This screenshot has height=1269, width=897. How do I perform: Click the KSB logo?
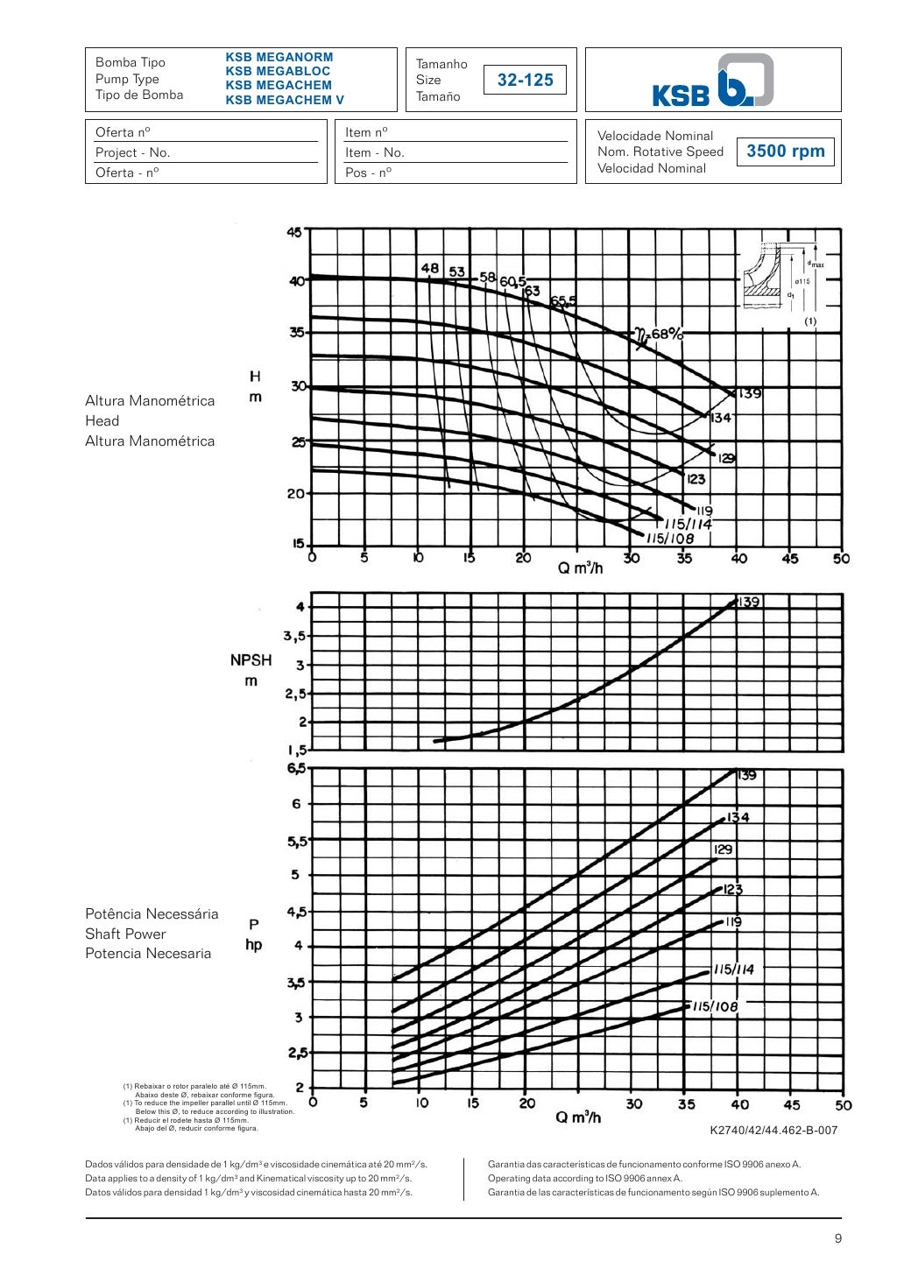click(x=713, y=81)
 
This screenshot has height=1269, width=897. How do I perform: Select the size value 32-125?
click(x=526, y=80)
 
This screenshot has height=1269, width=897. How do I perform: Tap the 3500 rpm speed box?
click(x=785, y=151)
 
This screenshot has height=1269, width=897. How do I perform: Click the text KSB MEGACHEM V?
click(x=285, y=100)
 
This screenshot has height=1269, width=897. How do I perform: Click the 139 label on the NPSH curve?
click(x=748, y=602)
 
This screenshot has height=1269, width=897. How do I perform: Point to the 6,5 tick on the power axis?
click(x=296, y=768)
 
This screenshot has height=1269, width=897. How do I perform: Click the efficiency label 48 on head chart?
click(x=429, y=269)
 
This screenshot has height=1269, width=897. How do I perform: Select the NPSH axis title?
click(x=251, y=670)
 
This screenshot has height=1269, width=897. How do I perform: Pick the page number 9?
click(x=837, y=1237)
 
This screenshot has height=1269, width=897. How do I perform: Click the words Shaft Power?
click(x=125, y=934)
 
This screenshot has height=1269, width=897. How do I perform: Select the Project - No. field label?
click(x=132, y=152)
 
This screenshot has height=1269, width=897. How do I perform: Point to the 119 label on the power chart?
click(x=732, y=921)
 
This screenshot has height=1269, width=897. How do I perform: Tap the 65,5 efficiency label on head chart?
click(x=563, y=302)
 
